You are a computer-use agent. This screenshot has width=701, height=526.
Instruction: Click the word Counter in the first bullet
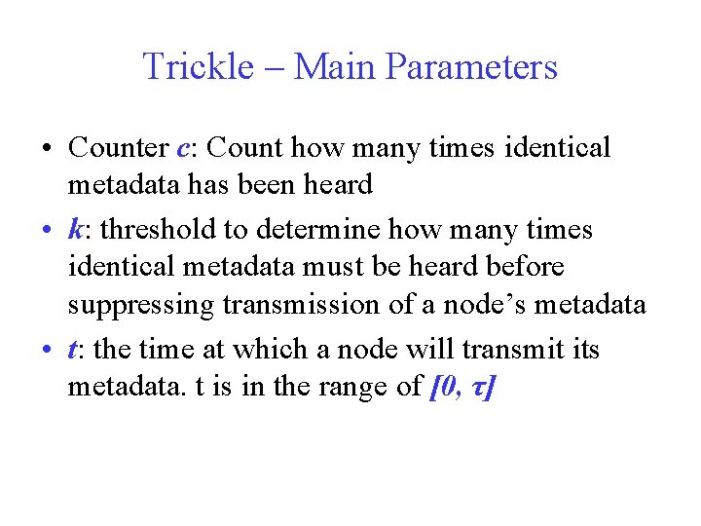[x=118, y=148]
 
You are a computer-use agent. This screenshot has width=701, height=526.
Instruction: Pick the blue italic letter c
[x=184, y=149]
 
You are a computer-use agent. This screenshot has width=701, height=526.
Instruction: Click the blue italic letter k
[x=74, y=230]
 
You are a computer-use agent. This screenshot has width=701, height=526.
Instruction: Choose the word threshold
[x=155, y=230]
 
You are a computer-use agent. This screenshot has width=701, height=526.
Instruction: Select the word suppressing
[x=140, y=306]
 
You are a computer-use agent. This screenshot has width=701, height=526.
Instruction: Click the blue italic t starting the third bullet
[x=72, y=350]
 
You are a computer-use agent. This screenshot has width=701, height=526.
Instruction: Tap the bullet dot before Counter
[x=48, y=149]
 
